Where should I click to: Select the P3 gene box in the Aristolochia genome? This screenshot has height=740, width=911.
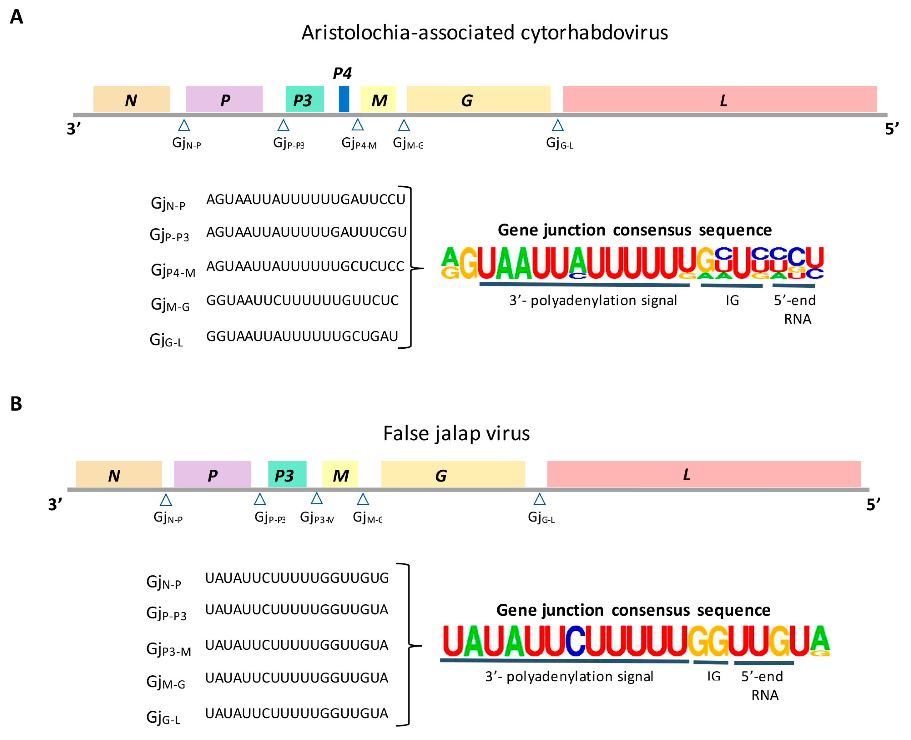[x=304, y=99]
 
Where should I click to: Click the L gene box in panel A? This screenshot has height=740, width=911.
[x=719, y=99]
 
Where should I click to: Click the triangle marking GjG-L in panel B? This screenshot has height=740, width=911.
[x=539, y=499]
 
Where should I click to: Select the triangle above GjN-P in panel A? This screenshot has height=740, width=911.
[x=184, y=125]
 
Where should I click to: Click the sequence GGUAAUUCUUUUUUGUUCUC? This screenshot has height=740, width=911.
[x=302, y=300]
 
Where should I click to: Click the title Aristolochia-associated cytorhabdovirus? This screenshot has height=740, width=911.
[x=484, y=33]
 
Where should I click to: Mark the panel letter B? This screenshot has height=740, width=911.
[x=16, y=404]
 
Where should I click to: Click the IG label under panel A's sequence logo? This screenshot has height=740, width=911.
[x=732, y=300]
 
